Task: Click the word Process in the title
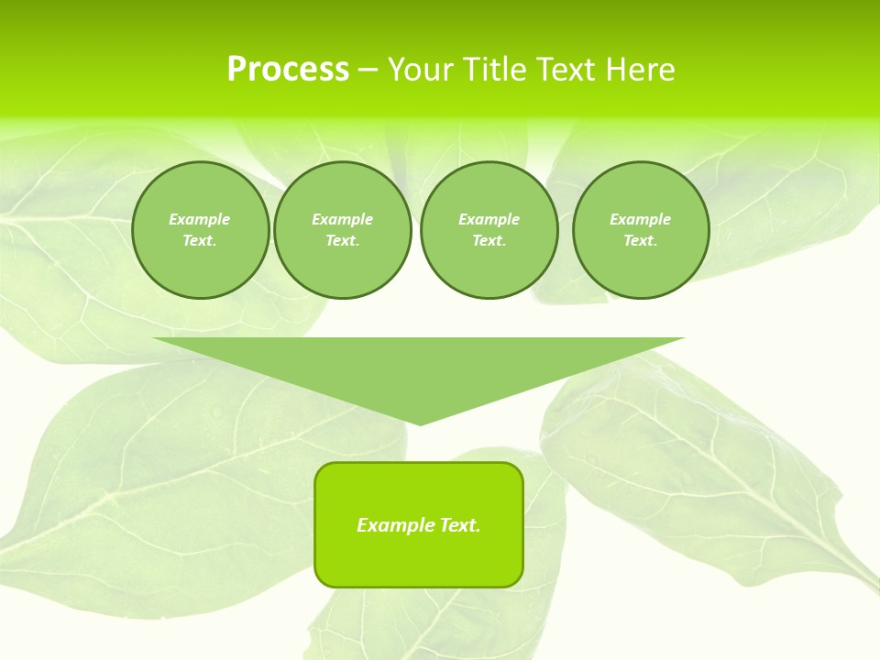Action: [288, 70]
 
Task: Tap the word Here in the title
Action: [640, 70]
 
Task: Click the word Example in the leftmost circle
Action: [200, 219]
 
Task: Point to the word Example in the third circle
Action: [489, 219]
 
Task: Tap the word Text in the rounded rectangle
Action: [458, 525]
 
